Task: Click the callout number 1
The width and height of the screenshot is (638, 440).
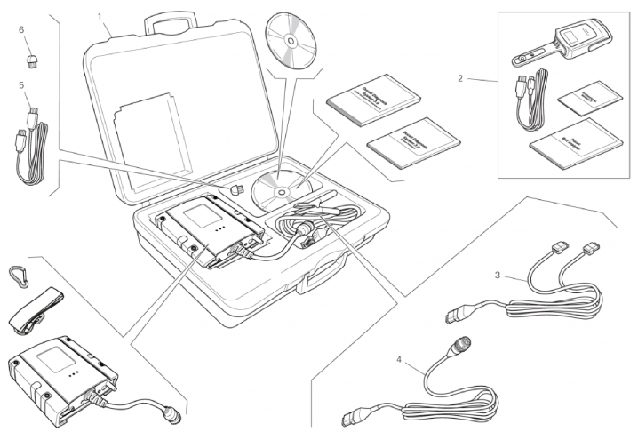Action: coord(100,17)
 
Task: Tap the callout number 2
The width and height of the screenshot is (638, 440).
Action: coord(460,78)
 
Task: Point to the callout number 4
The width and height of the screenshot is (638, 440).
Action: coord(399,361)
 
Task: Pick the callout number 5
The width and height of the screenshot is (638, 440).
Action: coord(20,85)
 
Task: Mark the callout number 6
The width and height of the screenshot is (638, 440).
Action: coord(20,29)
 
